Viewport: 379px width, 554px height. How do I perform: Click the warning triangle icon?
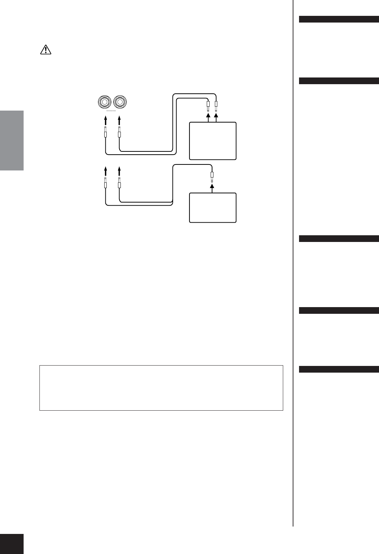[45, 50]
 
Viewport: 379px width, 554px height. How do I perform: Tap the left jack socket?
[105, 102]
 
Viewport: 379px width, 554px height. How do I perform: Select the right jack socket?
[119, 102]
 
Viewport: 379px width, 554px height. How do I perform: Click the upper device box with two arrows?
[212, 141]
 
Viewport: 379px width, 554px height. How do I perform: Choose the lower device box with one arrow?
[212, 207]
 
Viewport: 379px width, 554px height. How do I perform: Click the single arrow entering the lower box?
[212, 189]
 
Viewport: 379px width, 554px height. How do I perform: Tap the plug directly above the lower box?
[212, 175]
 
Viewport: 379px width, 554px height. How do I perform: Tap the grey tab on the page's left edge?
[12, 141]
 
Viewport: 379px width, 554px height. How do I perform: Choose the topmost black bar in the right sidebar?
[339, 19]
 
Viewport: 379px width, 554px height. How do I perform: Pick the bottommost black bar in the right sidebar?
[339, 369]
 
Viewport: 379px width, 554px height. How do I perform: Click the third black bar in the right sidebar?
[339, 239]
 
